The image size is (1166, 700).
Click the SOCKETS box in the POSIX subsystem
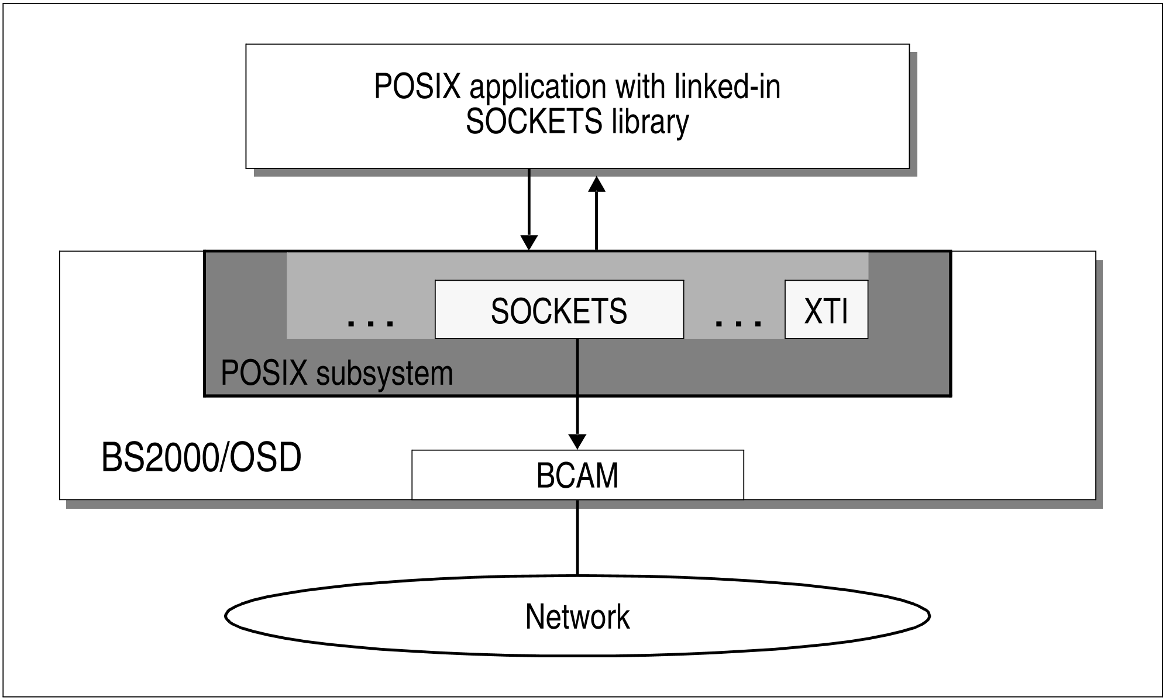559,310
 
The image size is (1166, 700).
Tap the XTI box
826,310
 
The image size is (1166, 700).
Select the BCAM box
577,475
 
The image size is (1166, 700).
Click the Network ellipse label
577,616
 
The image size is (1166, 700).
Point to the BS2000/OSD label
201,457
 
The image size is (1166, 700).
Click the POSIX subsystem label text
336,373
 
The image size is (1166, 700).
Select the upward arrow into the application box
596,216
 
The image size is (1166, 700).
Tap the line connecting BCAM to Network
577,537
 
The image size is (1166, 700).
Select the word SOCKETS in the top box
534,123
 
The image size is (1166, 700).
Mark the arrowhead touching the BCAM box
577,442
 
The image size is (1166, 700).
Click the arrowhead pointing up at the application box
596,184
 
